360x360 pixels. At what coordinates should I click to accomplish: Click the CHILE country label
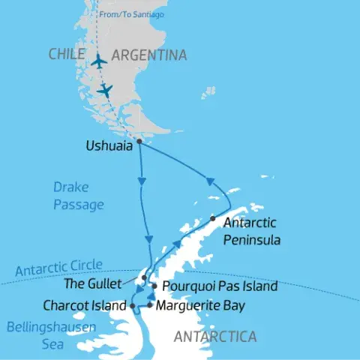[69, 54]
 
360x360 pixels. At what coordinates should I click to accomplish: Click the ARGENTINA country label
[148, 55]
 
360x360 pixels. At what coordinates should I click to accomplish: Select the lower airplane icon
[106, 90]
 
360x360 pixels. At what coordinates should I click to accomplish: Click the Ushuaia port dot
[139, 140]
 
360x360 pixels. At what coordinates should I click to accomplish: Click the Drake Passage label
[79, 196]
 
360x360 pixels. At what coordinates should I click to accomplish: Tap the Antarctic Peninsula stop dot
[213, 218]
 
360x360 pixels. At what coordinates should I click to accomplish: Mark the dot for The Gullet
[144, 277]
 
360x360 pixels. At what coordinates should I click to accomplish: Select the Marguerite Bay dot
[149, 305]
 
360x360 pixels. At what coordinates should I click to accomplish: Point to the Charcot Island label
[85, 305]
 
